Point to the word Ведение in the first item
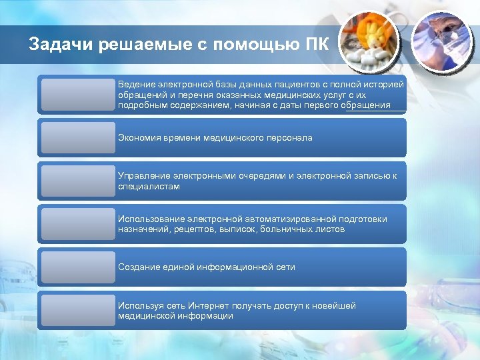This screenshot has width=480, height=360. tap(136, 85)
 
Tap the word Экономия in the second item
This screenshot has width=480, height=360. tap(139, 137)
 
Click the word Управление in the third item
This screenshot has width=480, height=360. tap(143, 176)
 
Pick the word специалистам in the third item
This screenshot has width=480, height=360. tap(149, 187)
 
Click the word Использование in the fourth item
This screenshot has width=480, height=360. tap(151, 219)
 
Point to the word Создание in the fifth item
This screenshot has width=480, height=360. tap(139, 267)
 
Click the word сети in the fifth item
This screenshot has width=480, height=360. tap(286, 267)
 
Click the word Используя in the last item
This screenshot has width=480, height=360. tap(139, 305)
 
